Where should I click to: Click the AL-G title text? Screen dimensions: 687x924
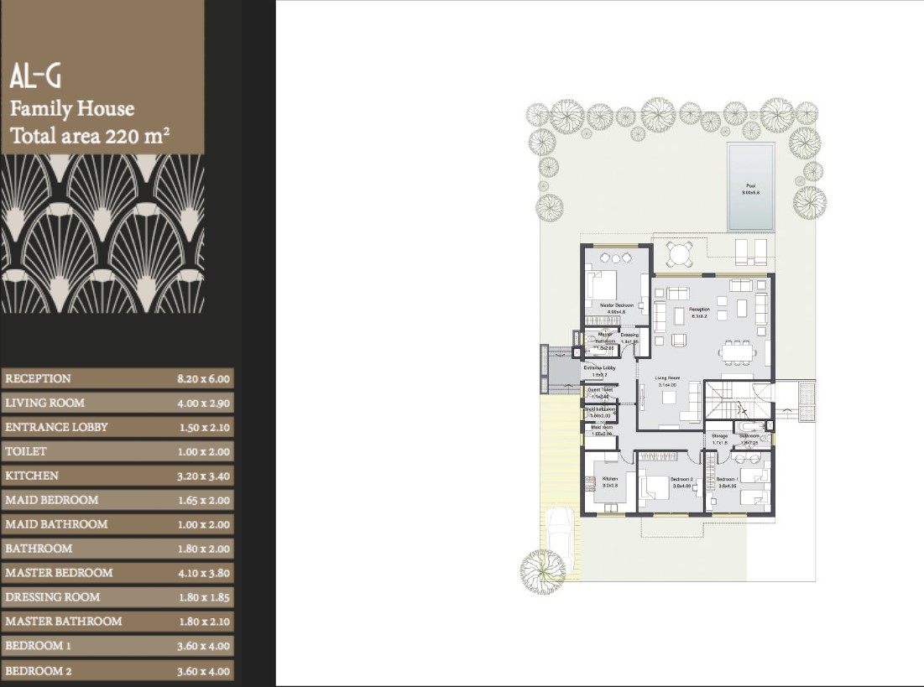[35, 77]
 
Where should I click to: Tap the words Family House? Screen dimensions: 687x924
[72, 108]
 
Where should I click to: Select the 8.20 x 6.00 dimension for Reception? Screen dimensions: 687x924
[203, 379]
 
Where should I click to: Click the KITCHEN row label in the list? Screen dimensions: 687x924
[32, 476]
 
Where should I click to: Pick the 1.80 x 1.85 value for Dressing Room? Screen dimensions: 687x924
[204, 598]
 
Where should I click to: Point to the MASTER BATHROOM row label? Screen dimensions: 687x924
[63, 622]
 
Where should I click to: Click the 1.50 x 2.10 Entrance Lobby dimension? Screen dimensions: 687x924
[204, 428]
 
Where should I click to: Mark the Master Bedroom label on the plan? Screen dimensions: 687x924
[616, 305]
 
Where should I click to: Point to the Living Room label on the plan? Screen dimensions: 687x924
[667, 378]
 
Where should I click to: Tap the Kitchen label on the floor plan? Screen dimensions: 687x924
[609, 479]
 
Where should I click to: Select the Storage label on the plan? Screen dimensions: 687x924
[719, 436]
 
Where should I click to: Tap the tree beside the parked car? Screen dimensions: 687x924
[542, 573]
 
